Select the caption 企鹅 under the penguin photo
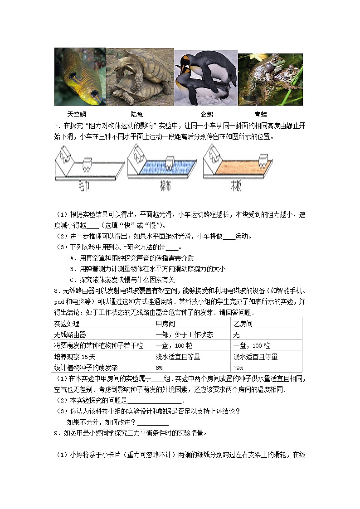tap(207, 115)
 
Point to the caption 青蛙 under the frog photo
tap(261, 115)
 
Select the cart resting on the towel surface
tap(87, 164)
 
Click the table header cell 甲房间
tap(165, 324)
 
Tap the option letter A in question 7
tap(73, 258)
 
